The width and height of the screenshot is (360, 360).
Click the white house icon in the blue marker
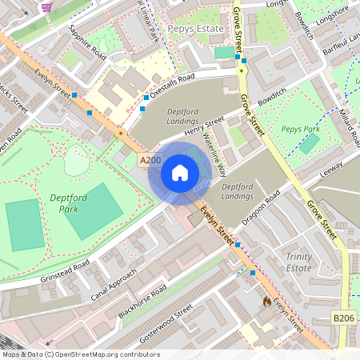point(180,172)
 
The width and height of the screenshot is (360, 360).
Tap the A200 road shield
point(149,161)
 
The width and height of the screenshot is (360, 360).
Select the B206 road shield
point(343,318)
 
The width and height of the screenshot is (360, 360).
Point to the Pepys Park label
point(301,128)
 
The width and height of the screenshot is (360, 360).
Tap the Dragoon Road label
point(262,207)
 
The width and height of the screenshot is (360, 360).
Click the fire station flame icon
point(266,302)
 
